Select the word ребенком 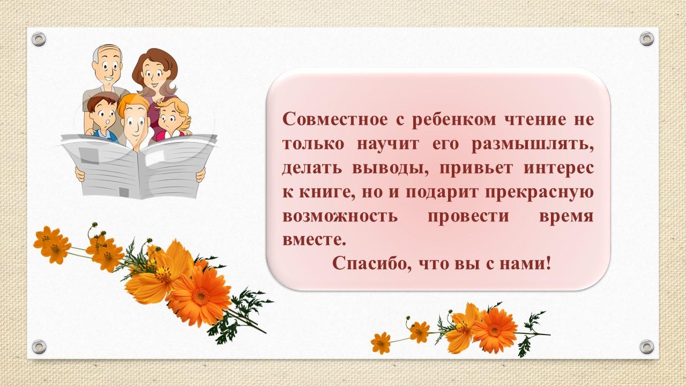(454, 119)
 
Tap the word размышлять (532, 144)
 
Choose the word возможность (340, 216)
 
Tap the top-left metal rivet (39, 39)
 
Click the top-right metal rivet (647, 39)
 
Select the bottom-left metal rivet (39, 347)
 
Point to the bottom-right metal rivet (647, 347)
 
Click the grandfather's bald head (107, 52)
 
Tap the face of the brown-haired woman (153, 76)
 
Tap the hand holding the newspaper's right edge (200, 175)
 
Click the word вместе (314, 240)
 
